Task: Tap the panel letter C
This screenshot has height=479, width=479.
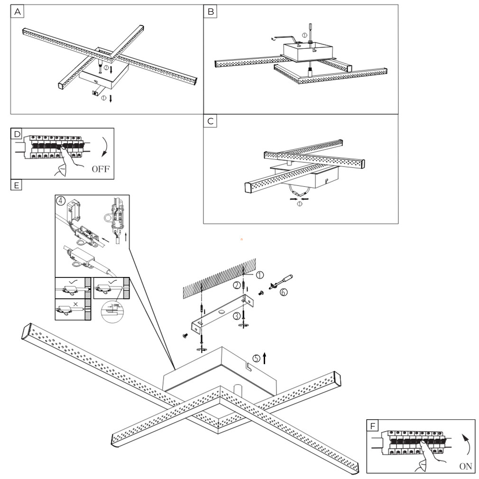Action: point(210,121)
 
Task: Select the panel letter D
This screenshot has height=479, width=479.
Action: point(17,134)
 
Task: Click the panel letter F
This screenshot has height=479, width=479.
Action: point(373,426)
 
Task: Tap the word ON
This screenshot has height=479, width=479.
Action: point(466,466)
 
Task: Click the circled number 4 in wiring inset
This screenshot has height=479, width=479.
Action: point(61,200)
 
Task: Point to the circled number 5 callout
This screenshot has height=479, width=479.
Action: point(256,359)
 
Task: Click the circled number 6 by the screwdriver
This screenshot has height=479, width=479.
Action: point(283,293)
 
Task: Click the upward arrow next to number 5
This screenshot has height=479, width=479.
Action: point(265,358)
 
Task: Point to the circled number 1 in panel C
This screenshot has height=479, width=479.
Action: point(299,204)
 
